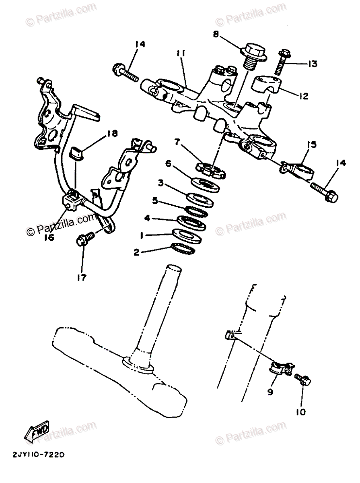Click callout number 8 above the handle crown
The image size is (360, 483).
point(216,35)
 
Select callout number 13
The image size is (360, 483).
point(312,64)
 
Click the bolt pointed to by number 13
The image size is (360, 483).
point(282,61)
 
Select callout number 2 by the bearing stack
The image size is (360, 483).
point(136,252)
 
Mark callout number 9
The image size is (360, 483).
point(270,390)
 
